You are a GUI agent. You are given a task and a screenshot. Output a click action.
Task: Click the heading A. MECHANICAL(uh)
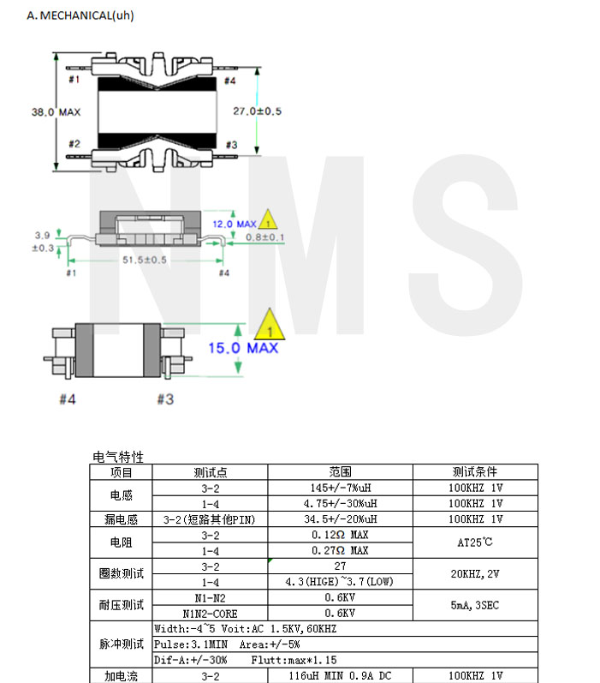(80, 15)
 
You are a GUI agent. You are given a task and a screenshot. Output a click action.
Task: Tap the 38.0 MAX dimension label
(56, 112)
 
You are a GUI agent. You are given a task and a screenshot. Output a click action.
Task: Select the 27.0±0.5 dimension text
(257, 111)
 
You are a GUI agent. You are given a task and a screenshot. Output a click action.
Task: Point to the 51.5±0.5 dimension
(145, 260)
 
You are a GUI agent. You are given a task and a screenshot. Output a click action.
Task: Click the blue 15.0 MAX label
(243, 348)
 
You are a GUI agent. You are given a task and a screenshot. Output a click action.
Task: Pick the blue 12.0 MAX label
(234, 225)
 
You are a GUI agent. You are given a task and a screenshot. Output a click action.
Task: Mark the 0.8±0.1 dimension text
(265, 237)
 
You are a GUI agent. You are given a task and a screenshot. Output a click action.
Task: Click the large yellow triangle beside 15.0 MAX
(270, 326)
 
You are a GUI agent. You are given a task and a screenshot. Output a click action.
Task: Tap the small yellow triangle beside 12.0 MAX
(268, 220)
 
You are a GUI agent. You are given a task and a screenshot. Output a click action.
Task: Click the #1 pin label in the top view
(74, 80)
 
